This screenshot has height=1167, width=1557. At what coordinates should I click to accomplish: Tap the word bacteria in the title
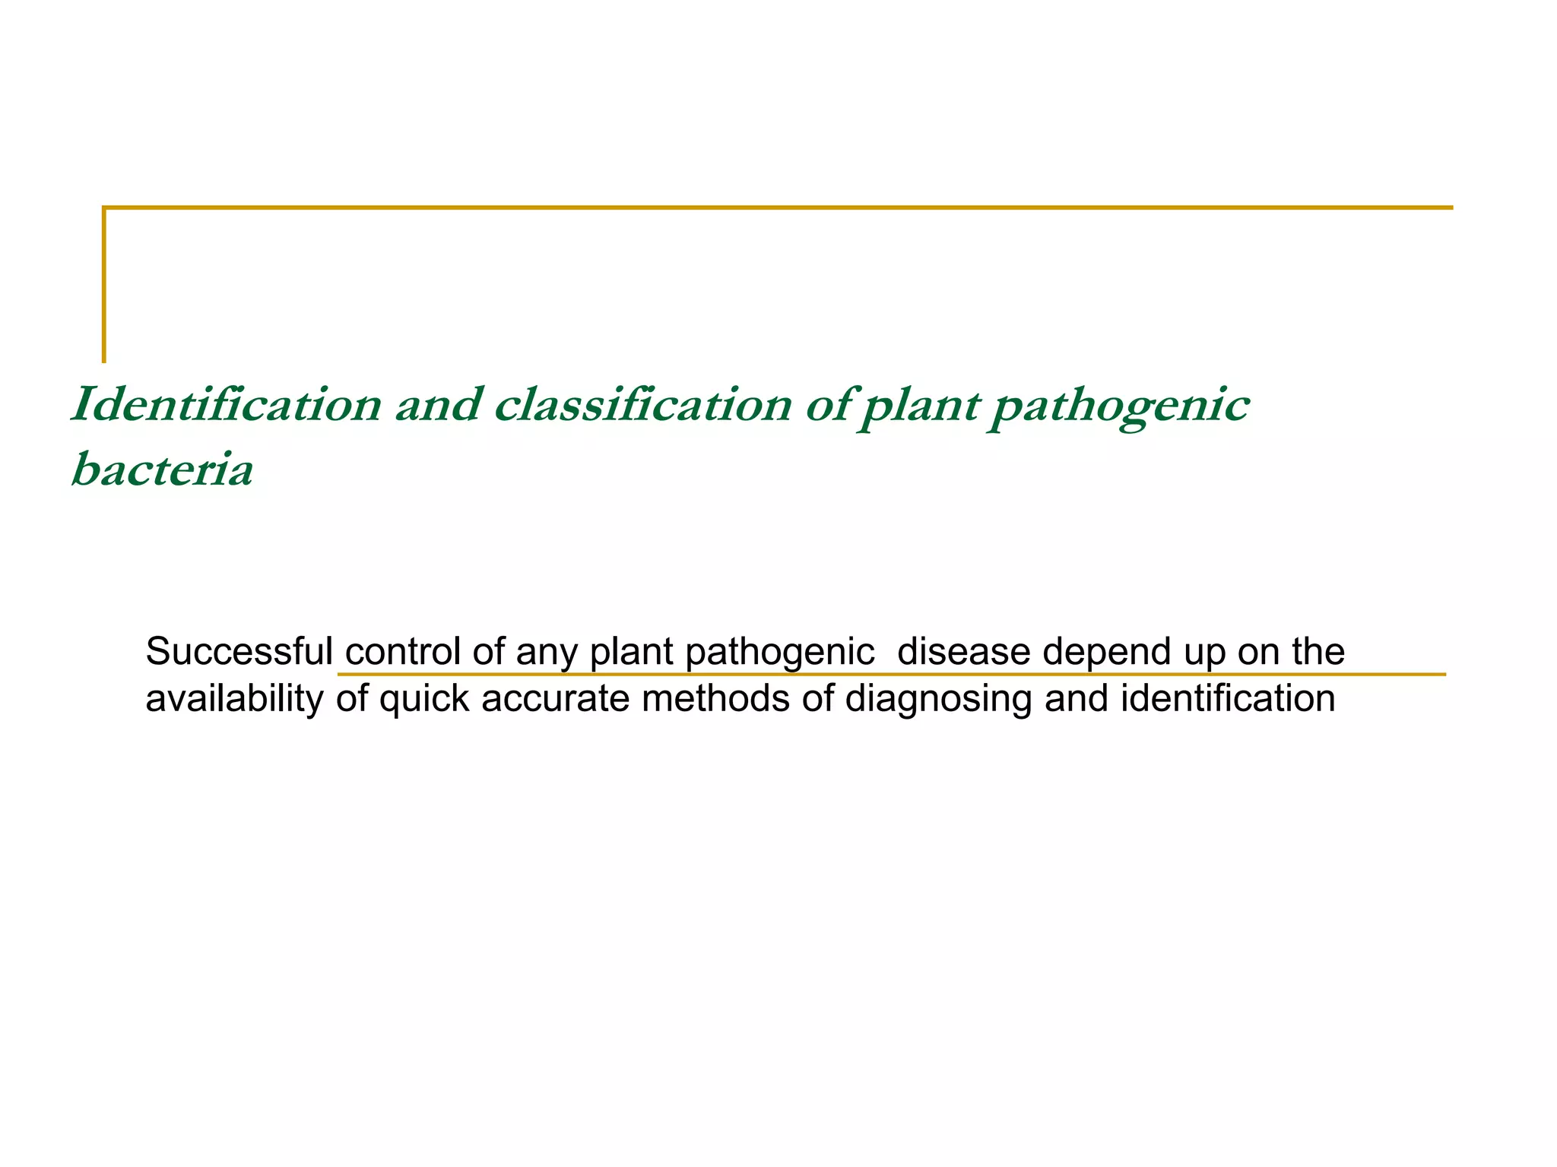162,470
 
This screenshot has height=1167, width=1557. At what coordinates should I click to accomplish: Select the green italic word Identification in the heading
226,404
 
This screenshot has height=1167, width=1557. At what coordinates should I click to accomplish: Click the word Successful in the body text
239,651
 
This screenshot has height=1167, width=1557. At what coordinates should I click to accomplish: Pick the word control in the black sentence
402,651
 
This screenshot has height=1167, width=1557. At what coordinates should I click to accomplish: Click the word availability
234,699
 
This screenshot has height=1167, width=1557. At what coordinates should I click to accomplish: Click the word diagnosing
938,699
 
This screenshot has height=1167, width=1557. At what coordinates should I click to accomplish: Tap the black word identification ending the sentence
1227,698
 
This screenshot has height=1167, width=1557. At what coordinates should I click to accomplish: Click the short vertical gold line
104,285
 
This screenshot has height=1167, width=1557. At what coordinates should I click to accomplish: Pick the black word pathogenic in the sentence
779,653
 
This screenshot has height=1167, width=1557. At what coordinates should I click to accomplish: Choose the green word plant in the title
921,406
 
